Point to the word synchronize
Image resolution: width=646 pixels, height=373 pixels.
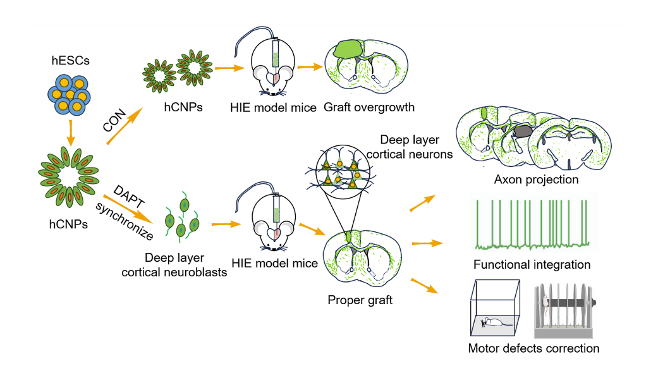pos(125,222)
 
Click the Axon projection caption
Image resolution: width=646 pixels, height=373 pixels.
pos(536,180)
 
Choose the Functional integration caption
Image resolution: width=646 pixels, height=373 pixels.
pos(532,264)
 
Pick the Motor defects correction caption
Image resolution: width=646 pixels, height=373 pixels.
pos(533,348)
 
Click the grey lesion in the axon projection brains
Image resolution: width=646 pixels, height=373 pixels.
pos(523,131)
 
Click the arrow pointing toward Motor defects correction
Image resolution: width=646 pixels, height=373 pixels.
pos(424,285)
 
